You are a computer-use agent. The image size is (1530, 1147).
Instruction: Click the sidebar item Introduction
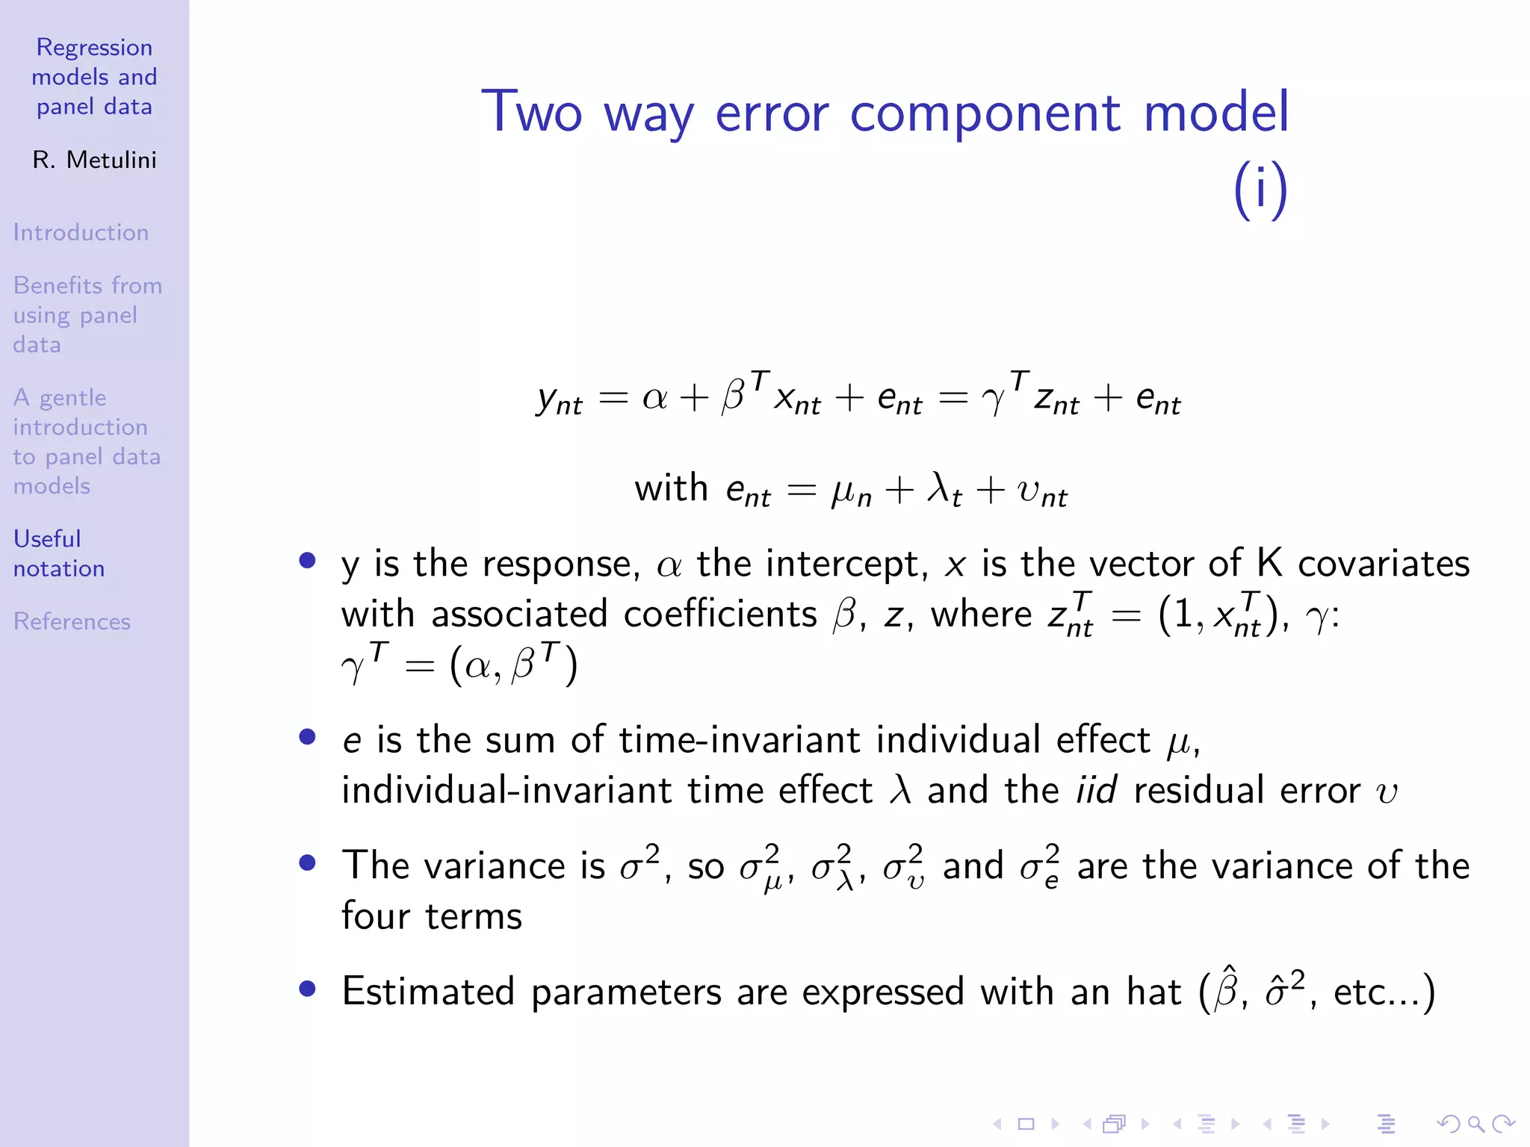click(x=81, y=232)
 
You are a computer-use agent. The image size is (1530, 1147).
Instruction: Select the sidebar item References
click(x=72, y=621)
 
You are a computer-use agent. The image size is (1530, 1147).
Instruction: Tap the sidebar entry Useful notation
click(x=58, y=553)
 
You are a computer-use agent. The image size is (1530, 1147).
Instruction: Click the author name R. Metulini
click(x=94, y=160)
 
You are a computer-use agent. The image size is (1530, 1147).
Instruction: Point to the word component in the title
click(x=985, y=114)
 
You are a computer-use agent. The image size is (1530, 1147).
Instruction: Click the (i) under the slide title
click(x=1260, y=190)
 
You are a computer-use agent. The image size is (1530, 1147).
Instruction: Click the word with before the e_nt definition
click(x=671, y=488)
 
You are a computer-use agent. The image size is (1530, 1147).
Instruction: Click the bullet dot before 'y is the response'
click(x=307, y=560)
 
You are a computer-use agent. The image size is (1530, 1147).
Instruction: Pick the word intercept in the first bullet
click(x=811, y=564)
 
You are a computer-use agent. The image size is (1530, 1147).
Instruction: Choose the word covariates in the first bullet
click(x=1384, y=564)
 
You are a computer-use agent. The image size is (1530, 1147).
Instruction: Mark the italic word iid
click(x=1097, y=790)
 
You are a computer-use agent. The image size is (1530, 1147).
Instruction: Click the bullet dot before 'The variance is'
click(x=307, y=863)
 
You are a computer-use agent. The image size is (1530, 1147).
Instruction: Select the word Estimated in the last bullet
click(x=428, y=992)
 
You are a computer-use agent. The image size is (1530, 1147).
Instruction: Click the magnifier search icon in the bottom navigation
click(x=1475, y=1123)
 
